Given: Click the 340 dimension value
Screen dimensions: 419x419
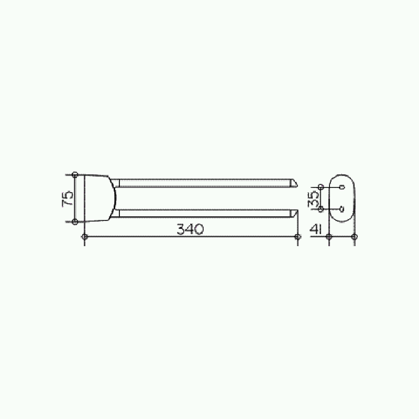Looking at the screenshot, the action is click(x=190, y=229).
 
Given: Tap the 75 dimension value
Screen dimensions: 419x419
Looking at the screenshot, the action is click(x=68, y=199).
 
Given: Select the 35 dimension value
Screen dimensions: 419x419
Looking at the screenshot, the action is click(x=314, y=199).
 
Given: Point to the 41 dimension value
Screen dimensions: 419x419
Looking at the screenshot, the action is click(x=315, y=229).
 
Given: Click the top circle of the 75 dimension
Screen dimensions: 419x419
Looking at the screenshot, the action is click(x=75, y=175).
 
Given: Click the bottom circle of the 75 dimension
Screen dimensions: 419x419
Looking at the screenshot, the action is click(x=75, y=222).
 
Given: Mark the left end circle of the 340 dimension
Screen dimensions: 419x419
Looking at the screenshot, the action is click(x=85, y=237).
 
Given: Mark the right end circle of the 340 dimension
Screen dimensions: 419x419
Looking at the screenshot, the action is click(x=297, y=237).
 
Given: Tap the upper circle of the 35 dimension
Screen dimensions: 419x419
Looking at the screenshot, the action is click(x=321, y=187).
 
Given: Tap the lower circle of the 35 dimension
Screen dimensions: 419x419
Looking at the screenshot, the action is click(x=321, y=209).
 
